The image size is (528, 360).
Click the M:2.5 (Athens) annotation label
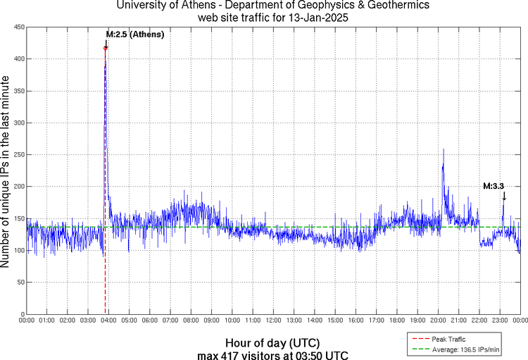(134, 34)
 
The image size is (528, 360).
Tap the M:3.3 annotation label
(493, 187)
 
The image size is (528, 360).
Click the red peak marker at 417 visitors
(106, 48)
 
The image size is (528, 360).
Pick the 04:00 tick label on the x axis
(108, 321)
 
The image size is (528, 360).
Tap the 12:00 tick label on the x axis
(273, 321)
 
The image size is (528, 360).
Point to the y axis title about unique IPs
(6, 170)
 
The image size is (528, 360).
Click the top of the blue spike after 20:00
(444, 149)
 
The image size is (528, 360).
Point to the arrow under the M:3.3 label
(503, 197)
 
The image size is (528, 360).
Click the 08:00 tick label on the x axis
(191, 321)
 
